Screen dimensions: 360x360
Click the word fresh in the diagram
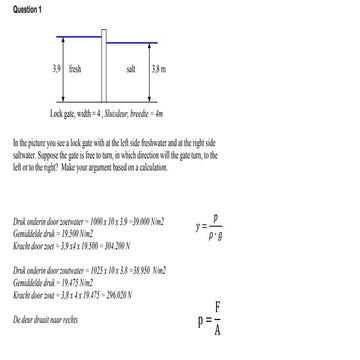point(75,69)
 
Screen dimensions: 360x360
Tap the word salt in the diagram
point(131,69)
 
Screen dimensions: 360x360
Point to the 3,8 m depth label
point(158,69)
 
